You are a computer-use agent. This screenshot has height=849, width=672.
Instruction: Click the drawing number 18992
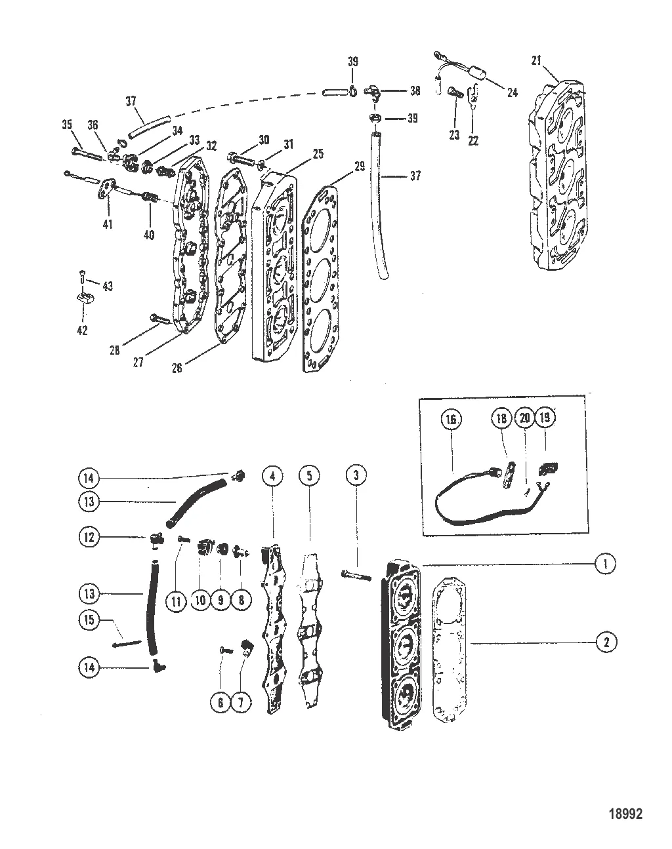click(626, 814)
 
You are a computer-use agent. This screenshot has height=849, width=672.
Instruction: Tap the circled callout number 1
click(606, 564)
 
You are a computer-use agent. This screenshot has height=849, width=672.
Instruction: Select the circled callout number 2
click(606, 642)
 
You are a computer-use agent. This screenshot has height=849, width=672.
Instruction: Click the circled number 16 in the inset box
click(451, 420)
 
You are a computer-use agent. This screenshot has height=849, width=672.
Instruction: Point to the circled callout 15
click(89, 620)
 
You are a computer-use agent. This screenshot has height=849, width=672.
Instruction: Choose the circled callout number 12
click(89, 537)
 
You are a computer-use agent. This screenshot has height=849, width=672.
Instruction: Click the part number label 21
click(535, 61)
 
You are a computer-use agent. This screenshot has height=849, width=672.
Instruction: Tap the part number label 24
click(512, 92)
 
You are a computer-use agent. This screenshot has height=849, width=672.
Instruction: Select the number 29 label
click(359, 167)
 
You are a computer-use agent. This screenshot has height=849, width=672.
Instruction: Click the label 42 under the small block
click(82, 330)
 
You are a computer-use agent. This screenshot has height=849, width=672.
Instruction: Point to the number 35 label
click(67, 125)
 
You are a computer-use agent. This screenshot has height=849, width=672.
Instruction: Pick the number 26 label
click(177, 368)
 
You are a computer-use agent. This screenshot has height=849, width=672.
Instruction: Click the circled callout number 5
click(309, 475)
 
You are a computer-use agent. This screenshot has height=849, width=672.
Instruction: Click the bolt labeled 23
click(454, 94)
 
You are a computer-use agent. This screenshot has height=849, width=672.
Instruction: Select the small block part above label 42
click(85, 303)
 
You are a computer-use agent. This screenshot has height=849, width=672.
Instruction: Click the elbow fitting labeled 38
click(373, 94)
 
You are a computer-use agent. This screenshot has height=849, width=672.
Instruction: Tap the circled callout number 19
click(545, 418)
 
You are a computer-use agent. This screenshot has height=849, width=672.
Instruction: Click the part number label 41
click(108, 224)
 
